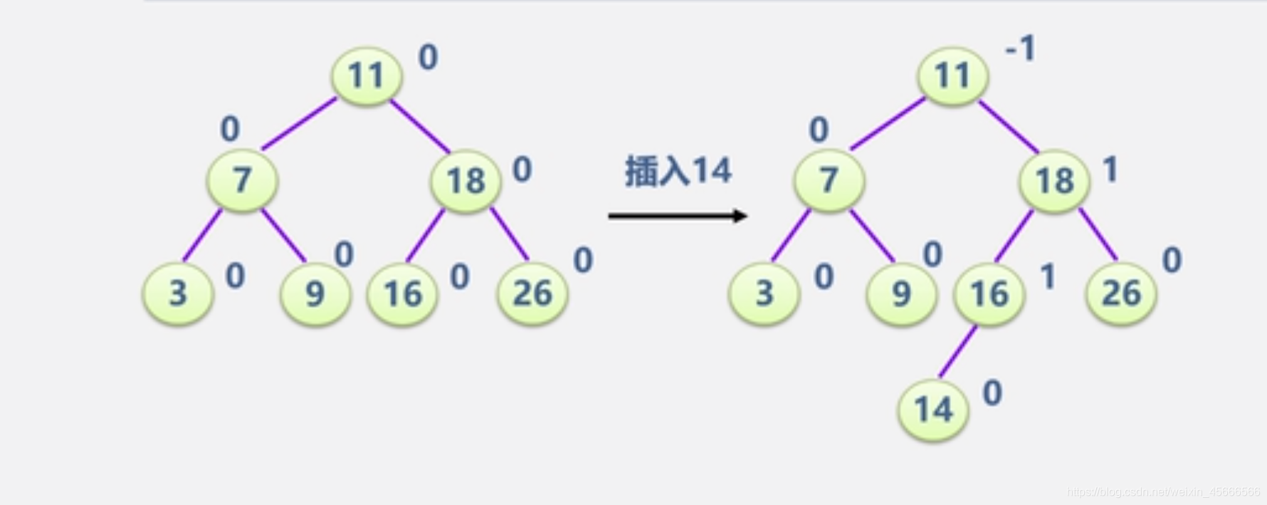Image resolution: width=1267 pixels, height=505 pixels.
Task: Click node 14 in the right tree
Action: tap(933, 410)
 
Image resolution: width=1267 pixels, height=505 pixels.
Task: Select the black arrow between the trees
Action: tap(677, 215)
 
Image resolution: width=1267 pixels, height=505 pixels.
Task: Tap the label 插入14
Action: tap(678, 171)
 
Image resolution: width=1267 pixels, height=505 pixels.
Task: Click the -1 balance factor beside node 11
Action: tap(1021, 50)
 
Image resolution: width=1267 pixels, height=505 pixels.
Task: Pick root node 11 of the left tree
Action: tap(367, 76)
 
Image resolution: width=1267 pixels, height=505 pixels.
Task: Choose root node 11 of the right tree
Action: tap(953, 76)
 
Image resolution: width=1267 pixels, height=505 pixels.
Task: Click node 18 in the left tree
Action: tap(466, 180)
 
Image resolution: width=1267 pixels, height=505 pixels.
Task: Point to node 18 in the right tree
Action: tap(1054, 180)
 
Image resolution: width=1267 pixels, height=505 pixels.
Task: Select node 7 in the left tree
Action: tap(242, 180)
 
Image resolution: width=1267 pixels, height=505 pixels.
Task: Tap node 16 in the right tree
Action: tap(989, 293)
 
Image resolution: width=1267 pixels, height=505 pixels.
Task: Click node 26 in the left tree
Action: tap(532, 293)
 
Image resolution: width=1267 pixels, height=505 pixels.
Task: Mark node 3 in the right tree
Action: tap(764, 293)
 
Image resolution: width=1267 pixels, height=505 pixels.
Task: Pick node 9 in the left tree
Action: tap(315, 293)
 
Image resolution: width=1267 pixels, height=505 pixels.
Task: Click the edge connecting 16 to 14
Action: tap(958, 351)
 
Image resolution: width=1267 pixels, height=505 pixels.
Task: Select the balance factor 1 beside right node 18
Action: tap(1110, 170)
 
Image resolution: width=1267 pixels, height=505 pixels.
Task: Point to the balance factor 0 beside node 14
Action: tap(992, 393)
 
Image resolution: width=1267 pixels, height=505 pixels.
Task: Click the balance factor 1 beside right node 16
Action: tap(1048, 276)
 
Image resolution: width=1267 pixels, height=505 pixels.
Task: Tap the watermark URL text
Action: tap(1163, 492)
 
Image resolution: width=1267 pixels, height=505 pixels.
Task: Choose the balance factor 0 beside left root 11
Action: tap(428, 57)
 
